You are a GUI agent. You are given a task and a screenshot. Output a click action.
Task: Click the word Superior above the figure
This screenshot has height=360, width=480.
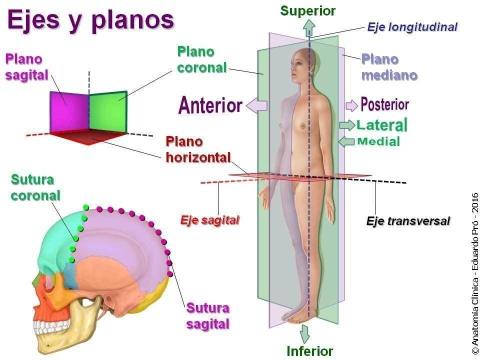[x=308, y=11]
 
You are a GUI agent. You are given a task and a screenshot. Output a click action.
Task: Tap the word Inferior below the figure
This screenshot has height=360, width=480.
[x=310, y=351]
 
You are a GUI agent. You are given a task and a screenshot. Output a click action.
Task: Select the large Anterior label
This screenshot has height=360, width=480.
[x=210, y=105]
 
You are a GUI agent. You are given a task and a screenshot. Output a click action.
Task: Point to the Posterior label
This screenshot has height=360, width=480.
[x=385, y=104]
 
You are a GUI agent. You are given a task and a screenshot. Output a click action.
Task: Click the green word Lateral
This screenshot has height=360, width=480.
[x=382, y=125]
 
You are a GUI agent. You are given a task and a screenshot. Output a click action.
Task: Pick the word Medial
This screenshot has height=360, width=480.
[x=378, y=141]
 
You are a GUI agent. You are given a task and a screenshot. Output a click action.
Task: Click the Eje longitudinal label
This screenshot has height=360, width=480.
[x=412, y=27]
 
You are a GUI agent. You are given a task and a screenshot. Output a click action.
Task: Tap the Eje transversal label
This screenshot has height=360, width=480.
[x=408, y=220]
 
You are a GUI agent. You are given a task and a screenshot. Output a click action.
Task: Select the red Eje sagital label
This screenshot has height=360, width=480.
[x=209, y=220]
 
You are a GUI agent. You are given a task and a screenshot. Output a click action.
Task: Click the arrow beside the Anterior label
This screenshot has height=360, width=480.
[x=256, y=105]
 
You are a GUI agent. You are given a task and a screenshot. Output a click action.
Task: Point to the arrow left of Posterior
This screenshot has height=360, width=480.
[x=351, y=105]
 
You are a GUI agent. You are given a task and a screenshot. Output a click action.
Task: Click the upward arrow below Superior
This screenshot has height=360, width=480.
[x=309, y=28]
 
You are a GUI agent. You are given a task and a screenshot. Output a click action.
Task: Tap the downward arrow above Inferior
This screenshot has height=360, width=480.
[x=304, y=334]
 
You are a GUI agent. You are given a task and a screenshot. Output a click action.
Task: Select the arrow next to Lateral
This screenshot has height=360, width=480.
[x=347, y=125]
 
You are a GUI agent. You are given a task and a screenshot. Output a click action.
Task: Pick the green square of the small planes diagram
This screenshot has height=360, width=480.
[x=108, y=111]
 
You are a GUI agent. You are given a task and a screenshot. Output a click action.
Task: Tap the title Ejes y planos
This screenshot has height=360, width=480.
[x=90, y=20]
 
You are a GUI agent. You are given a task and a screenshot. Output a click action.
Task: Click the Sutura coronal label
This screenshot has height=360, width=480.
[x=35, y=187]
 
